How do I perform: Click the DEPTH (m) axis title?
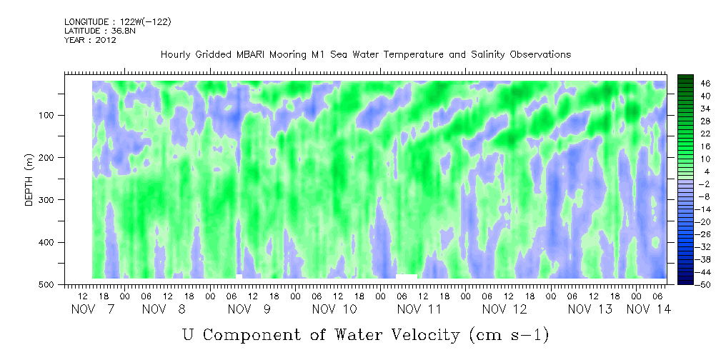pos(29,183)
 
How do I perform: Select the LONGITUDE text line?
pos(117,22)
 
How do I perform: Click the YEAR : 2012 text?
pos(90,40)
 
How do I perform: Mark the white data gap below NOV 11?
pos(406,276)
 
